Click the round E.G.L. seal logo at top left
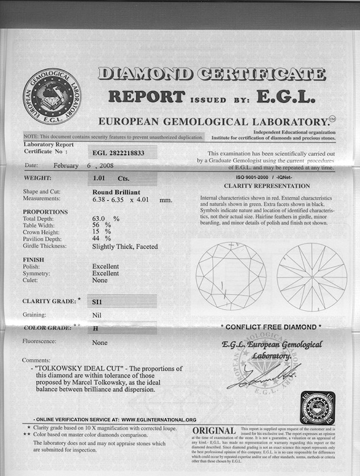pos(52,96)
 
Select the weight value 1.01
pos(100,179)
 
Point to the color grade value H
pos(95,328)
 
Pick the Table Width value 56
pos(98,226)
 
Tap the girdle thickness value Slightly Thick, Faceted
pos(125,246)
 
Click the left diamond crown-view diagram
pos(231,276)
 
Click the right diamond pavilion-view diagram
pos(312,276)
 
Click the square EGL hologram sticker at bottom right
pos(317,408)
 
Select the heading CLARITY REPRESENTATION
pos(267,186)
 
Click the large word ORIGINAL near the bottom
pos(213,431)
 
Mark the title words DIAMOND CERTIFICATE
pos(212,74)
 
